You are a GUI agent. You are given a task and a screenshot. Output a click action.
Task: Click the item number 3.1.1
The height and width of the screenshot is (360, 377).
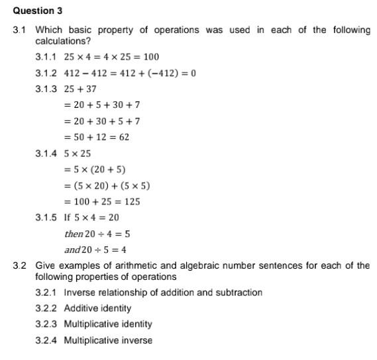46,57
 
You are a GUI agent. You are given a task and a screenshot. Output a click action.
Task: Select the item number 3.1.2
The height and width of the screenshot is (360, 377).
46,73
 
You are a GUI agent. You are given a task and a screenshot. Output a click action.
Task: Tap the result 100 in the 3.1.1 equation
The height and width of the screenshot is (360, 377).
151,57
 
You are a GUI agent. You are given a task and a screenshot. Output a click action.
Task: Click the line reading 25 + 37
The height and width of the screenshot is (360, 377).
80,89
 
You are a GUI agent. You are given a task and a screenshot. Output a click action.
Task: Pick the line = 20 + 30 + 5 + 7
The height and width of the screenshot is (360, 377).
101,122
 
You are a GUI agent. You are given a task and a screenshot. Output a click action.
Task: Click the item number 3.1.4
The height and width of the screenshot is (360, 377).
46,154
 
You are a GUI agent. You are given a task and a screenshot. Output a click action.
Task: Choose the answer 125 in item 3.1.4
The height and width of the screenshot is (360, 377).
131,202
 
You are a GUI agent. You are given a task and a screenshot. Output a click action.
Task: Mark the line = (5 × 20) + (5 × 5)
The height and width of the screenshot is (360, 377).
107,186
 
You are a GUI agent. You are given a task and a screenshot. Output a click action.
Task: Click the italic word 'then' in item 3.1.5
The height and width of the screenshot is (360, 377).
74,234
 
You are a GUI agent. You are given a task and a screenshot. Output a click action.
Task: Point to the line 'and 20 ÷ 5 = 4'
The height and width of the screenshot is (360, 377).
95,250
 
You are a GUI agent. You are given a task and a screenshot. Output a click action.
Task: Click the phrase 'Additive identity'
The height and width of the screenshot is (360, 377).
97,308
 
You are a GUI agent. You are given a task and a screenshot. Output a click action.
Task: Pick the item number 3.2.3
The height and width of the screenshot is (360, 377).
46,324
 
